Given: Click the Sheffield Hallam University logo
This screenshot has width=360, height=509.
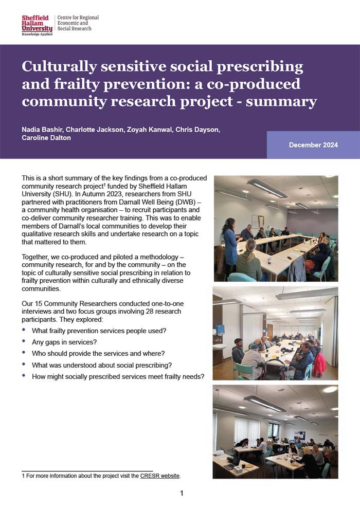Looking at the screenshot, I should tap(37, 25).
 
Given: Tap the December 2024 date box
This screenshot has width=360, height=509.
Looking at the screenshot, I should tap(313, 145).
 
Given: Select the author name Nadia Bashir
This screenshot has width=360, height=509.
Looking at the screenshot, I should tap(43, 130).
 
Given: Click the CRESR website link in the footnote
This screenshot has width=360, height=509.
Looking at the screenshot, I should tap(160, 476).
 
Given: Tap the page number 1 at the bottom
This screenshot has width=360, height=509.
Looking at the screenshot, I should tap(182, 494).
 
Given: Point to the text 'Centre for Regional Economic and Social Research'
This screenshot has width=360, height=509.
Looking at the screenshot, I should tap(78, 23).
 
